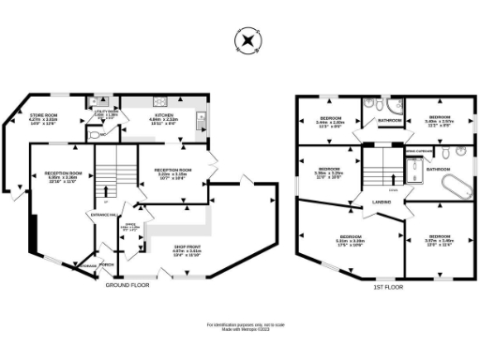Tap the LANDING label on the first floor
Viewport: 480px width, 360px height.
point(381,201)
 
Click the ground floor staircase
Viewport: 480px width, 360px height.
point(110,172)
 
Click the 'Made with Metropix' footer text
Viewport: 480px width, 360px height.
point(241,330)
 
